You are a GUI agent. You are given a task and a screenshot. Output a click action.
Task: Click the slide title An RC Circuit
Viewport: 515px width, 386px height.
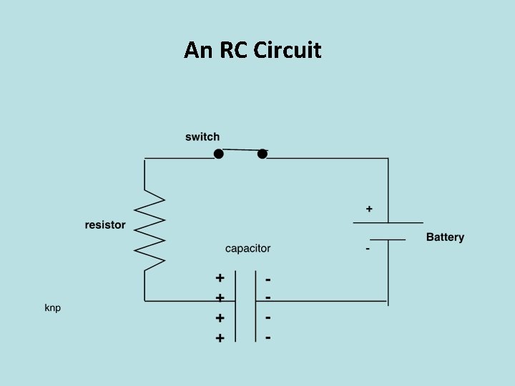click(252, 50)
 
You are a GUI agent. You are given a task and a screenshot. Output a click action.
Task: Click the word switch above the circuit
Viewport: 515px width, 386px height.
click(202, 137)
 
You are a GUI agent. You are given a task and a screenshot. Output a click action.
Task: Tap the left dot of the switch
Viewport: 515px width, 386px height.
click(219, 154)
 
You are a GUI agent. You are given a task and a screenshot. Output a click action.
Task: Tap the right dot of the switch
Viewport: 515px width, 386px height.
click(263, 154)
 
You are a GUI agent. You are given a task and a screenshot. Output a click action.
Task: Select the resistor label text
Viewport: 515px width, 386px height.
click(105, 224)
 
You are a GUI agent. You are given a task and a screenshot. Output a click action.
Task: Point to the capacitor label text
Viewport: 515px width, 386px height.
click(247, 249)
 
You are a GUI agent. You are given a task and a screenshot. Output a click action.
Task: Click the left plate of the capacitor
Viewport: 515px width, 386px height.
click(235, 306)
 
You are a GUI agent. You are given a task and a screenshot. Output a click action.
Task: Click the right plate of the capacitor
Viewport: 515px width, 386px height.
click(255, 306)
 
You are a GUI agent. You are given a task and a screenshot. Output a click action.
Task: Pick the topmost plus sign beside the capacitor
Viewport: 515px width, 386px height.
click(220, 277)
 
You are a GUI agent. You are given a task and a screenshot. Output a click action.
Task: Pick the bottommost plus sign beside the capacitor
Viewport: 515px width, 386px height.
click(220, 337)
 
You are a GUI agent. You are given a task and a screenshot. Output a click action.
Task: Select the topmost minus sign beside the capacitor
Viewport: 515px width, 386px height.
click(268, 277)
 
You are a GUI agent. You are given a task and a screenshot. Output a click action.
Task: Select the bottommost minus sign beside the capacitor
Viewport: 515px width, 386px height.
click(268, 337)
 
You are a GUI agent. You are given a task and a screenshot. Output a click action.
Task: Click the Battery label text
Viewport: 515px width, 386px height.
click(445, 237)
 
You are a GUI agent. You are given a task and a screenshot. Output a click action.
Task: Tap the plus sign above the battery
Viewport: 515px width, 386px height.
click(369, 209)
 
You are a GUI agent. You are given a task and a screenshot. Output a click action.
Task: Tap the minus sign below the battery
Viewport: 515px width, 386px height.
click(368, 249)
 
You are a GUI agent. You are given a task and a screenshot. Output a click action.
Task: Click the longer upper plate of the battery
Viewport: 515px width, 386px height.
click(388, 223)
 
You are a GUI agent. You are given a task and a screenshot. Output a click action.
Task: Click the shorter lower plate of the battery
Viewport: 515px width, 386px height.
click(388, 239)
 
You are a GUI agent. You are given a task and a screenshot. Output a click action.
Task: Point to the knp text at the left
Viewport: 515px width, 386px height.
click(53, 308)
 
